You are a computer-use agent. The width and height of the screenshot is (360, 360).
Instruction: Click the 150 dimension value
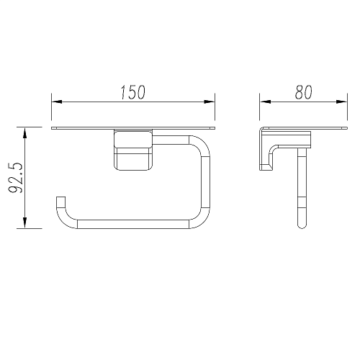(x=133, y=92)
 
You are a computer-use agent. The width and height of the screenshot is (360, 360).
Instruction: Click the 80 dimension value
(x=304, y=92)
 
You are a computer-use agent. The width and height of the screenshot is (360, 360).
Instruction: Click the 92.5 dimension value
(x=16, y=178)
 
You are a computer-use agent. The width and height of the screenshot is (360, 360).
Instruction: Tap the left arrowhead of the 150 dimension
(x=57, y=102)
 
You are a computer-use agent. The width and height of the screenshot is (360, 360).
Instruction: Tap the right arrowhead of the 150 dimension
(x=209, y=102)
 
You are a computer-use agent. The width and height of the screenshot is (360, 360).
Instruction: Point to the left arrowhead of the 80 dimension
(x=265, y=102)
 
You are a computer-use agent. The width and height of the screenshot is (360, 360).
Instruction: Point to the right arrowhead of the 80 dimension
(x=341, y=102)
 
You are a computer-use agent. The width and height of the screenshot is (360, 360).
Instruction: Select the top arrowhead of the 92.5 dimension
(x=24, y=132)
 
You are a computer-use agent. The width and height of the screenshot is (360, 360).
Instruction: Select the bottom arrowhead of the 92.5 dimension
(x=24, y=222)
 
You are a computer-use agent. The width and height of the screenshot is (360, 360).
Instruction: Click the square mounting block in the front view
(x=133, y=150)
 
